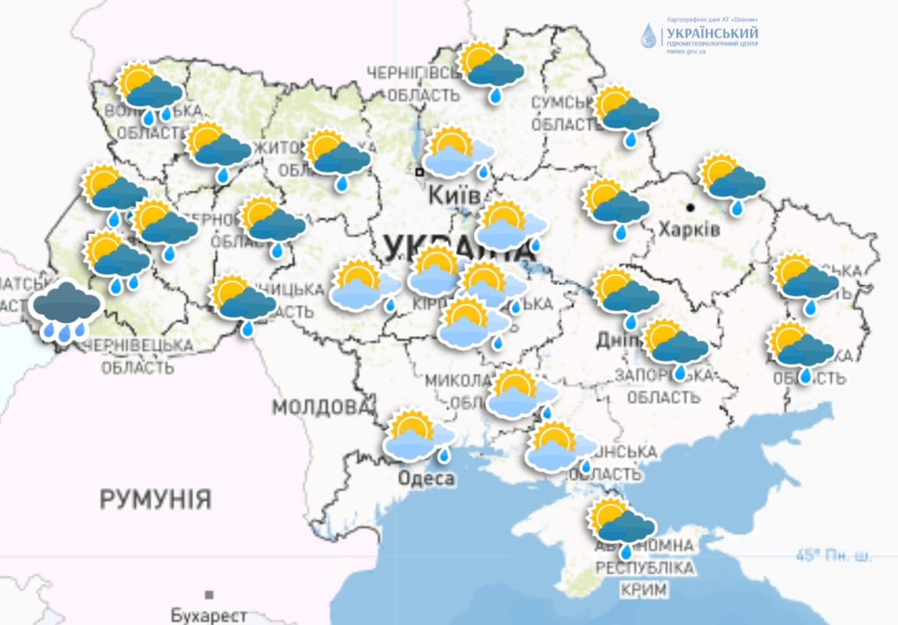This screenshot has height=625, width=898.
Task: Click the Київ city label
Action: click(454, 195)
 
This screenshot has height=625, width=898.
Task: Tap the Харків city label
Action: click(689, 229)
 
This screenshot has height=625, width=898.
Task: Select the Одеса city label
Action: click(426, 478)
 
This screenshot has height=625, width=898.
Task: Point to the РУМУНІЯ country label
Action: click(155, 499)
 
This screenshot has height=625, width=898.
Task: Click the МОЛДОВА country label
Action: click(320, 407)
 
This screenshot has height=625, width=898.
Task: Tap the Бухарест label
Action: click(208, 615)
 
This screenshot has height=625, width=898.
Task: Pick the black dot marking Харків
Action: click(690, 207)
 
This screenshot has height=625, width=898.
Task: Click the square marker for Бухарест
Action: click(209, 595)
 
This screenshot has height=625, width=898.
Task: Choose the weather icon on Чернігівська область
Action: click(490, 68)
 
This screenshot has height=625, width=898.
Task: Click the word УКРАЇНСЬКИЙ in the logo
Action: click(712, 33)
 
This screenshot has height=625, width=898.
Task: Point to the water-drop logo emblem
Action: click(649, 37)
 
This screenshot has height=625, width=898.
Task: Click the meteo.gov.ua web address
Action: click(686, 52)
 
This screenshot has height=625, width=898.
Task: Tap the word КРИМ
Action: click(643, 589)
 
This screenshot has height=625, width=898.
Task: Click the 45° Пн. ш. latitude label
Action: click(833, 555)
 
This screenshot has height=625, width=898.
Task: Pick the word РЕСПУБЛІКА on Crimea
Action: click(644, 568)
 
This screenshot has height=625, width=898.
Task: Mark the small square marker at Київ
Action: click(419, 171)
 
